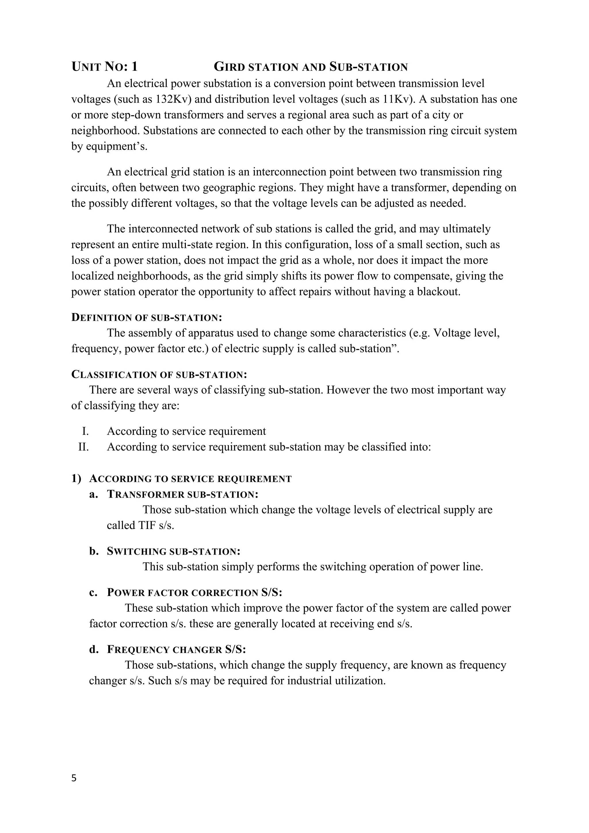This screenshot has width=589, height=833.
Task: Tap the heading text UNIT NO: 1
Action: click(x=104, y=67)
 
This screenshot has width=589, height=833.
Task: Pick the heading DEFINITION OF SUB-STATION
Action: click(x=146, y=318)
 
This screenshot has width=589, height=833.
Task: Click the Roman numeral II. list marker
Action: click(x=83, y=447)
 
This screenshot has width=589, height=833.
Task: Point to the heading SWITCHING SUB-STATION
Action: click(x=173, y=552)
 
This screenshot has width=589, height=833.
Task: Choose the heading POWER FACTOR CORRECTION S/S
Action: click(x=194, y=593)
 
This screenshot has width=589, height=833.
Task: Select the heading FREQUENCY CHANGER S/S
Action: click(x=176, y=649)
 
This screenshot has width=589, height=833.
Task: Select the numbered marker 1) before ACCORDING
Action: click(x=76, y=479)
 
